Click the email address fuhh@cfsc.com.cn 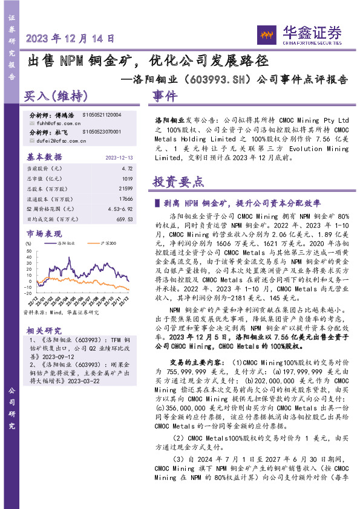(x=56, y=121)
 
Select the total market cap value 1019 (x=128, y=178)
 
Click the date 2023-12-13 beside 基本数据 (x=119, y=157)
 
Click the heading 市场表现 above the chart (x=44, y=232)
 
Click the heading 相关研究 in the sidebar (x=44, y=330)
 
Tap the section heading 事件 (x=165, y=96)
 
